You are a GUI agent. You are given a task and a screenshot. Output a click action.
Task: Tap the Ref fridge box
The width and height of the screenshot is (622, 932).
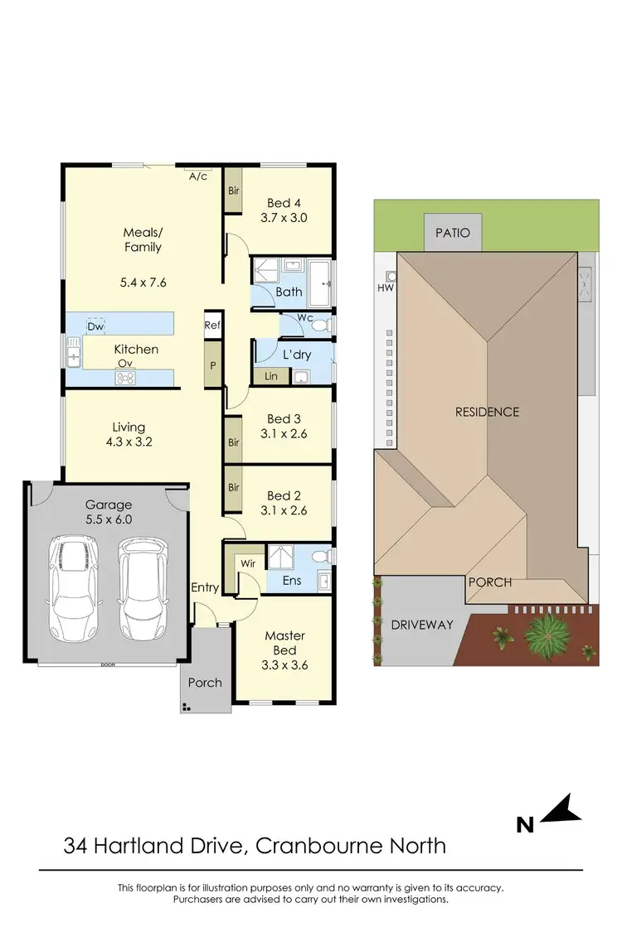click(x=213, y=326)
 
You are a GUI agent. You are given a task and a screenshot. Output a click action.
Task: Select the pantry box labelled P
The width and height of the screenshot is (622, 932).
click(x=213, y=365)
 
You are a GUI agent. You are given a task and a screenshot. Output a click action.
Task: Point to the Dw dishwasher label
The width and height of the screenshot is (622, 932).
click(x=95, y=327)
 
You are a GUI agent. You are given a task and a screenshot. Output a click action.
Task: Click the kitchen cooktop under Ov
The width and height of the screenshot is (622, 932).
click(x=125, y=379)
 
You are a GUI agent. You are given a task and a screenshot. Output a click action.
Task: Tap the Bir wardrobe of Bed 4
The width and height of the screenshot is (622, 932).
click(x=233, y=191)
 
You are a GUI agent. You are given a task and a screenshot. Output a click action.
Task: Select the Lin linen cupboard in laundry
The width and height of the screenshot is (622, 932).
click(x=271, y=377)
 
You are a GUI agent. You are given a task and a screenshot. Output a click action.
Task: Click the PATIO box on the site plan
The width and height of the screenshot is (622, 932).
click(x=452, y=233)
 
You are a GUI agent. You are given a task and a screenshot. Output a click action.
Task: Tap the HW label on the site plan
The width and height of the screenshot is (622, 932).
click(x=384, y=288)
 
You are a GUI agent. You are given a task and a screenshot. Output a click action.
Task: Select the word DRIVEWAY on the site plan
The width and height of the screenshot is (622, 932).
click(x=422, y=624)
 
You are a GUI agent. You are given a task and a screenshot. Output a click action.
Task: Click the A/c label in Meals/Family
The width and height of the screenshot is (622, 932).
click(x=197, y=176)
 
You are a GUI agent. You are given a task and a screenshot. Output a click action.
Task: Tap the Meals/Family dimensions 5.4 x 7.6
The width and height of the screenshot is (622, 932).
click(x=143, y=282)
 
